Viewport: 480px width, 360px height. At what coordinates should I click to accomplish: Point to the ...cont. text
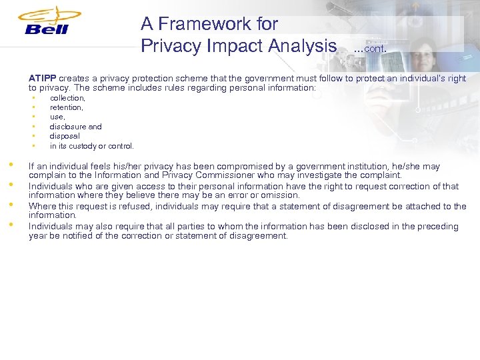[370, 48]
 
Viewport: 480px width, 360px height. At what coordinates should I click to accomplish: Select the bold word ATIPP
[43, 78]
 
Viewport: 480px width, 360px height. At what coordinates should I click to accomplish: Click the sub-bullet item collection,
[67, 98]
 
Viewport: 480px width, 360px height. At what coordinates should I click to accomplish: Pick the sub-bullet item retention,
[67, 107]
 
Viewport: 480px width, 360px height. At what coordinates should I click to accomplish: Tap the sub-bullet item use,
[58, 117]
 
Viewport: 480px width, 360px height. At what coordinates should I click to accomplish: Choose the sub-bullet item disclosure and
[76, 127]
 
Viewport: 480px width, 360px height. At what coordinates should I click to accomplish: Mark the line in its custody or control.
[92, 146]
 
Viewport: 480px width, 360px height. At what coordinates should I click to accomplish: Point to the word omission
[281, 196]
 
